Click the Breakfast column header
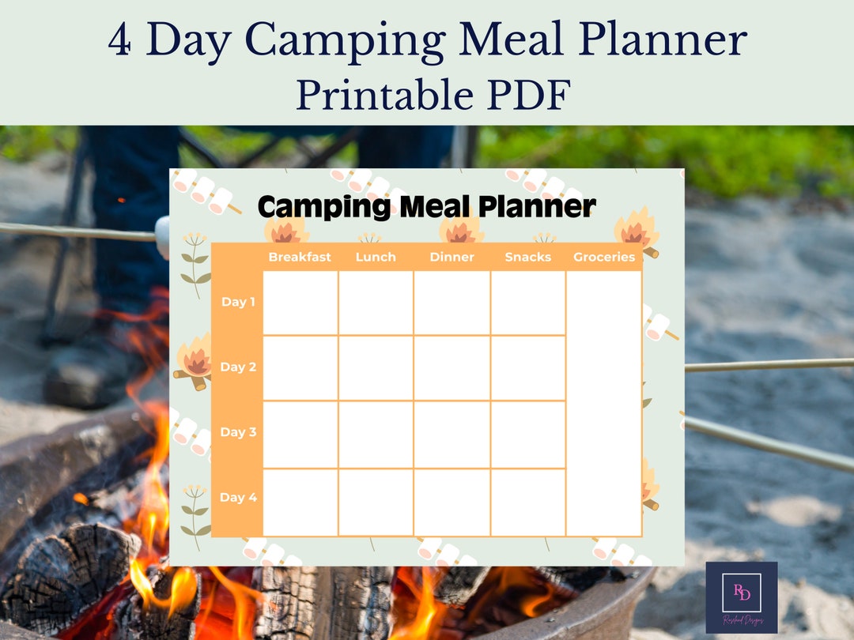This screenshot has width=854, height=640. tap(300, 257)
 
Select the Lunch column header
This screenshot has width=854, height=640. tap(376, 257)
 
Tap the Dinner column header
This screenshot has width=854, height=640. tap(452, 257)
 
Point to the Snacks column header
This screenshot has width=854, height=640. tap(527, 257)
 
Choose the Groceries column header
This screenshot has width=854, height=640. tap(604, 257)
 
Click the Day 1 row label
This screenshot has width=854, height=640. tap(238, 302)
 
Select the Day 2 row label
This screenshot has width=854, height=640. tap(238, 367)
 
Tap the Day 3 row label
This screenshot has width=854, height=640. tap(238, 432)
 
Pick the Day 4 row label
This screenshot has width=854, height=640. tap(238, 498)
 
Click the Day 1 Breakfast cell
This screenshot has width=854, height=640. tap(300, 303)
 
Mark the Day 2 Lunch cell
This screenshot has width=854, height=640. tap(376, 368)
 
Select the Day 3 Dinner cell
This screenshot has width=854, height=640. tap(452, 435)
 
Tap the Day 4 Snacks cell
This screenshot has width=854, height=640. tap(527, 503)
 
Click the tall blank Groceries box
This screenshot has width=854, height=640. tap(604, 403)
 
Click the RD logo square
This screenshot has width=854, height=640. tap(741, 597)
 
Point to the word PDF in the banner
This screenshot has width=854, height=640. tap(529, 96)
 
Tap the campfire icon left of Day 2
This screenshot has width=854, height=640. tap(195, 363)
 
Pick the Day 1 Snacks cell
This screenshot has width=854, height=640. tap(527, 303)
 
